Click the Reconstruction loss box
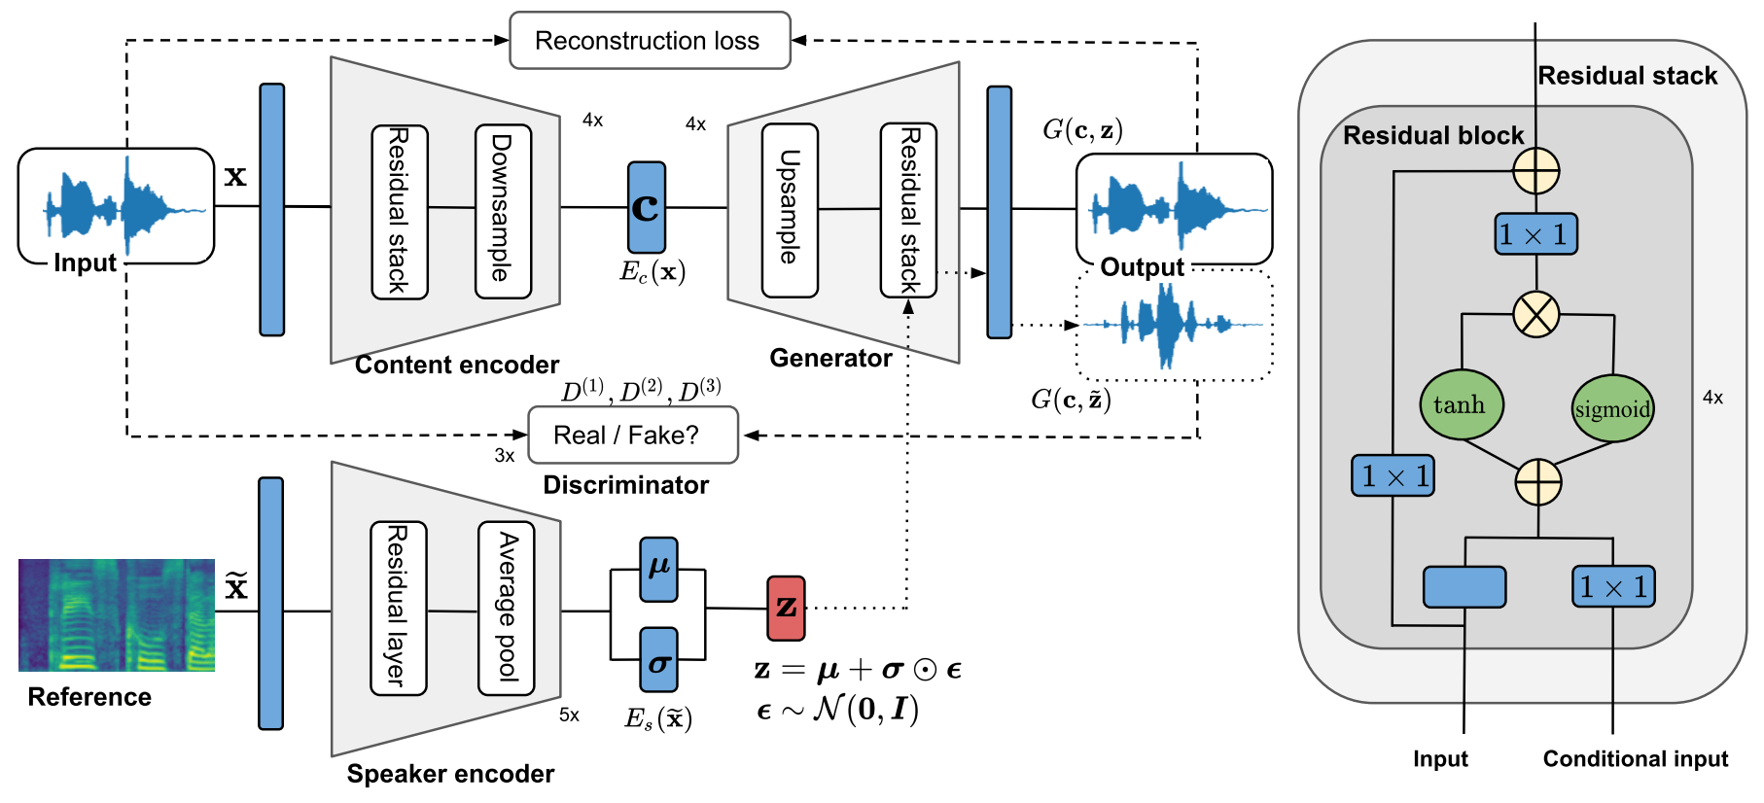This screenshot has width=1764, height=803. [x=650, y=41]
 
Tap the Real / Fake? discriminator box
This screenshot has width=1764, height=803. [x=632, y=436]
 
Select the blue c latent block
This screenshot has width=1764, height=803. [x=647, y=207]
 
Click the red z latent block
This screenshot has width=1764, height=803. [x=786, y=609]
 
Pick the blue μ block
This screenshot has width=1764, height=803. [x=658, y=569]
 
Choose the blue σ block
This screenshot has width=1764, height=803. [x=658, y=660]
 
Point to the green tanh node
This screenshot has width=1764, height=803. [x=1461, y=404]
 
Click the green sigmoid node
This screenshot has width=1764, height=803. [x=1612, y=408]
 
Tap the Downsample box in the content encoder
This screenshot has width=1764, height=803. [x=503, y=211]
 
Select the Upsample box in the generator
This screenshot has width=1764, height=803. [x=790, y=210]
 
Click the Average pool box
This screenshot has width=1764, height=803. [x=506, y=609]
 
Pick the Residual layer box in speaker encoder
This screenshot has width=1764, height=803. [x=398, y=609]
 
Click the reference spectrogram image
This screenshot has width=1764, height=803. [x=117, y=615]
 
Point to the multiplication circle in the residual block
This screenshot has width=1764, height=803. [x=1536, y=315]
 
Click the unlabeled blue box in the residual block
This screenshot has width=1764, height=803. [x=1464, y=587]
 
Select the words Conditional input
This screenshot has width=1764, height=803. [x=1635, y=759]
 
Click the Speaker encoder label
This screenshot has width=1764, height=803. [x=450, y=774]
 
